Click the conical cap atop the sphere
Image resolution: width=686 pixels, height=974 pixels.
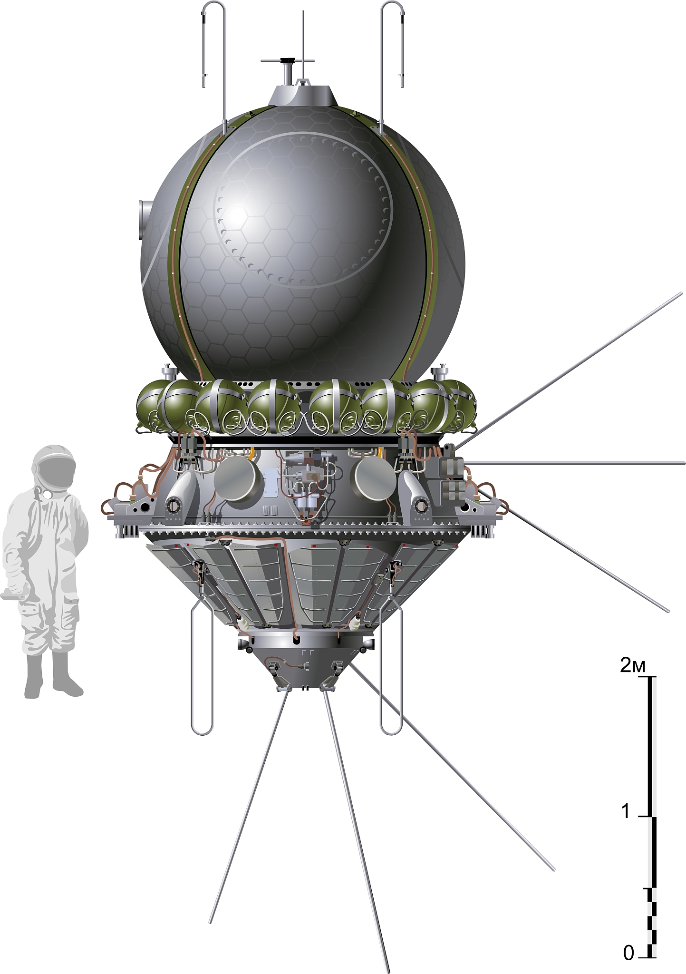point(303,95)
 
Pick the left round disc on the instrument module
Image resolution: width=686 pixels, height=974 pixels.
point(238,479)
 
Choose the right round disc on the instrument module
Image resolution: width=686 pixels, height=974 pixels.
point(376,479)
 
